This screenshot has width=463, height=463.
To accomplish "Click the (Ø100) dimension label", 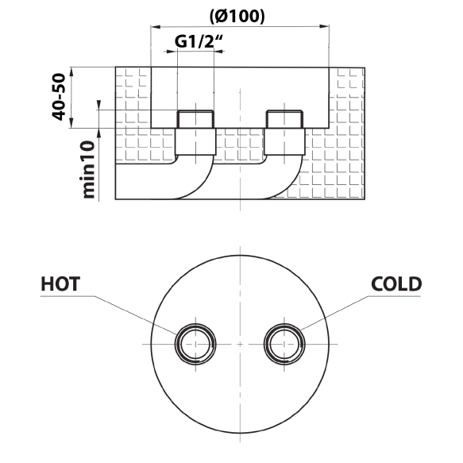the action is pyautogui.click(x=237, y=17).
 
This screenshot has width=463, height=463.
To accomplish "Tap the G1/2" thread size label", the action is pyautogui.click(x=199, y=41).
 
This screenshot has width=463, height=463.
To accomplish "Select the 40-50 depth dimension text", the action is pyautogui.click(x=59, y=97).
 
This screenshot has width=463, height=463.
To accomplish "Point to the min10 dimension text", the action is pyautogui.click(x=89, y=169).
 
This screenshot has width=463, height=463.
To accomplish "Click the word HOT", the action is pyautogui.click(x=60, y=284).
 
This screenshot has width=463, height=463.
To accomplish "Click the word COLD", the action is pyautogui.click(x=396, y=284).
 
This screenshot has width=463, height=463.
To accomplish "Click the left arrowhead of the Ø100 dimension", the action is pyautogui.click(x=156, y=27).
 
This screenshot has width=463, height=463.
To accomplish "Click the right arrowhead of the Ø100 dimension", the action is pyautogui.click(x=324, y=27).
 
